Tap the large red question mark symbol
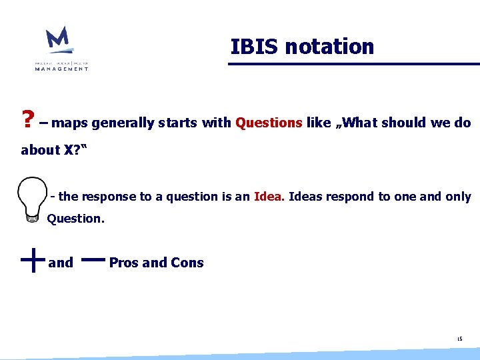(28, 121)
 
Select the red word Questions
(269, 123)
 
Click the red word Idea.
(269, 197)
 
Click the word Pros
(124, 263)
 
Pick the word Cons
(187, 263)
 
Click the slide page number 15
(459, 339)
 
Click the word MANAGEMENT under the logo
(62, 69)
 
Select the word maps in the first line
(69, 123)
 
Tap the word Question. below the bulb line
(75, 218)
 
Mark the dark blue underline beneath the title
(353, 64)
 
